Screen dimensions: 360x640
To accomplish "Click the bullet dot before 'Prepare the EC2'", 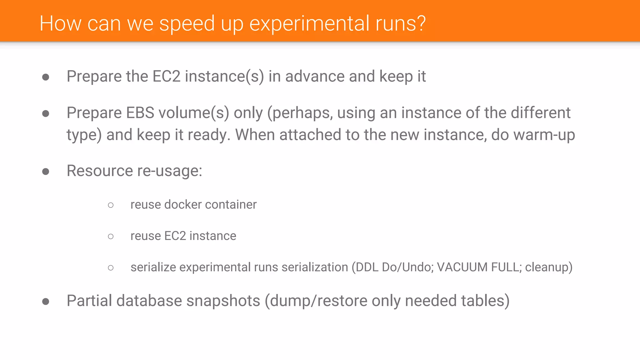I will [46, 77].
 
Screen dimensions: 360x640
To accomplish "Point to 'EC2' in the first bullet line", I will [166, 77].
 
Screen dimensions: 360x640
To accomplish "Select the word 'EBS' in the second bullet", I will [140, 113].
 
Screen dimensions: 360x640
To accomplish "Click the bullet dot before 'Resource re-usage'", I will [46, 171].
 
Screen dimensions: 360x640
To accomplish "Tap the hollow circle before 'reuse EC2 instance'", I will [111, 236].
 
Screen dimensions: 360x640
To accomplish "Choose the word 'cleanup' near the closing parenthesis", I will [547, 267].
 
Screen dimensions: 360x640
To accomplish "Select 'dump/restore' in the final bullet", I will [319, 301].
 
